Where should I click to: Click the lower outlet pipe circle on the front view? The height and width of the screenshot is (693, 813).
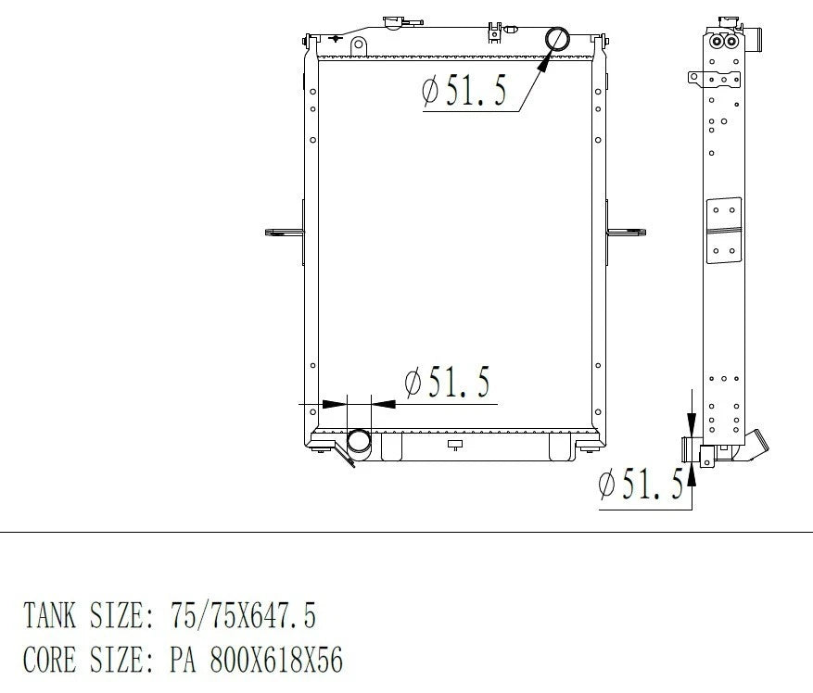click(x=349, y=441)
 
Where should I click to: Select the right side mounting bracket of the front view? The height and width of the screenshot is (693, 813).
click(x=626, y=233)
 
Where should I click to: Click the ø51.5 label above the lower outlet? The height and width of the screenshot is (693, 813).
click(x=447, y=382)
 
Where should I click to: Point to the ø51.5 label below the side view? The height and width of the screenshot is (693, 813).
click(x=641, y=485)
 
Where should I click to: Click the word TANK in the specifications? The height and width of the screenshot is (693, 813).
click(x=49, y=615)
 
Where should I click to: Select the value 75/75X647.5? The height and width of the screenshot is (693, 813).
click(x=243, y=615)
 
